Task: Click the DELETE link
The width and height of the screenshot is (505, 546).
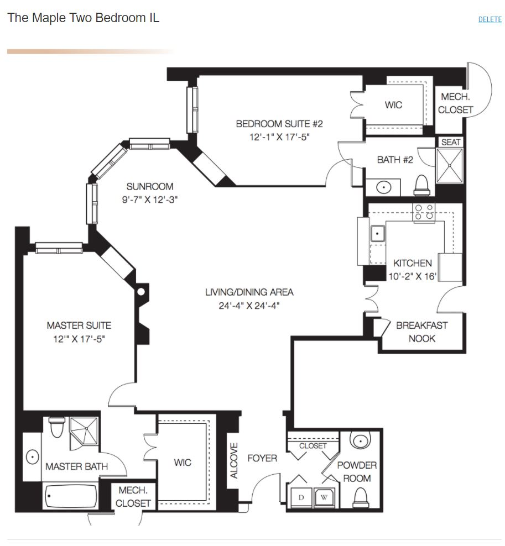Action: (x=490, y=19)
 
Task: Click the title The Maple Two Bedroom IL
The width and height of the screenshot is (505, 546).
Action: (x=84, y=18)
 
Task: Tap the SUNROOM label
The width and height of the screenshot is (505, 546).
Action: (x=150, y=187)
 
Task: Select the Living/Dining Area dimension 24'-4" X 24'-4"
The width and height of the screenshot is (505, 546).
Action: (x=249, y=306)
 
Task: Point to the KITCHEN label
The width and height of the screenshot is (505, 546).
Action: (x=412, y=263)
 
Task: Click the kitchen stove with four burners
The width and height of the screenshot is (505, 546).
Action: (x=424, y=212)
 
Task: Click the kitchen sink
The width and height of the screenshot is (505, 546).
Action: (x=377, y=233)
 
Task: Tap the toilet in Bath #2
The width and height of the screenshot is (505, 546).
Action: (x=422, y=186)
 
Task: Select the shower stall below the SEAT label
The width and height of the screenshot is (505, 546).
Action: (x=450, y=165)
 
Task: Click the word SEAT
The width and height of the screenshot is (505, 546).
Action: (x=451, y=142)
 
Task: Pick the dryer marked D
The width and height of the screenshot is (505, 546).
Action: (x=301, y=497)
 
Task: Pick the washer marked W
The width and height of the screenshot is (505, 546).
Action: (x=324, y=497)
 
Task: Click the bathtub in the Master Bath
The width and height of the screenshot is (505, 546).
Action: (x=71, y=496)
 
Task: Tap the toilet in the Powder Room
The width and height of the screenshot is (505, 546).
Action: (x=361, y=497)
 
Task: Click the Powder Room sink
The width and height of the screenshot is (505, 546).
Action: (x=361, y=440)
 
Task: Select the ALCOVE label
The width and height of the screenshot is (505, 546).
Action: (x=234, y=460)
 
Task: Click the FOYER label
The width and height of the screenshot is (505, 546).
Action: (x=262, y=458)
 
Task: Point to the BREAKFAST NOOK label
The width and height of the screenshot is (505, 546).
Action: (x=421, y=332)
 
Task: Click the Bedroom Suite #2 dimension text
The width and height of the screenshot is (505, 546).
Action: (x=279, y=137)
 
